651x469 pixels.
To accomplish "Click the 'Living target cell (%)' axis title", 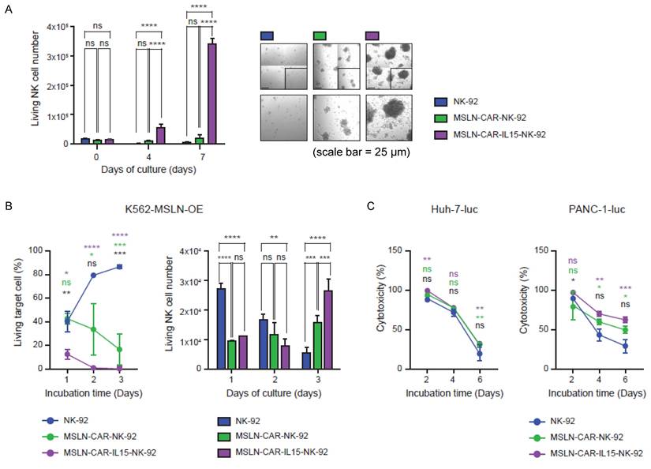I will coord(17,308).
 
